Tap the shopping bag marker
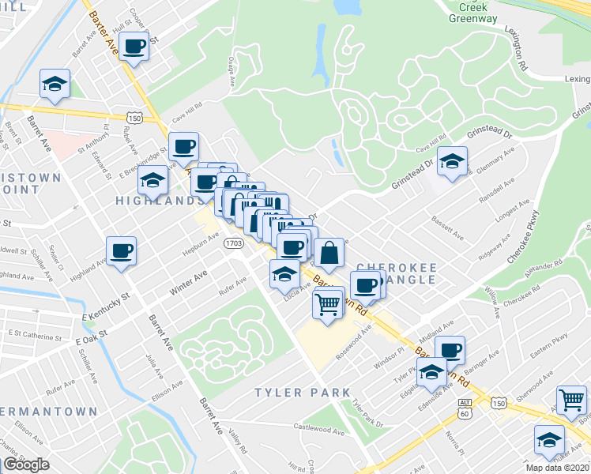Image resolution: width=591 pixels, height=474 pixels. point(329,254)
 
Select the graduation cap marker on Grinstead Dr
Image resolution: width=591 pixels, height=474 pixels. point(451,162)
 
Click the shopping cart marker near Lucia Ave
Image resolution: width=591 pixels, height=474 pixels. point(328,302)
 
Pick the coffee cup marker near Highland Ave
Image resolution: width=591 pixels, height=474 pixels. point(122,251)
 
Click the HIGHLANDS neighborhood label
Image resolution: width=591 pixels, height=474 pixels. point(155,201)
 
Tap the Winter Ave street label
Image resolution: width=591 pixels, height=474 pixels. point(188,282)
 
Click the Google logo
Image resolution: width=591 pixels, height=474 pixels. point(26,465)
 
